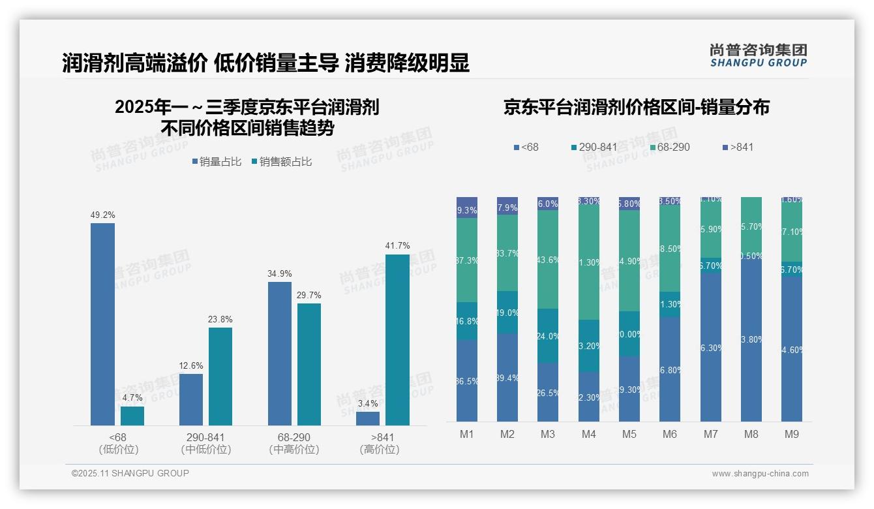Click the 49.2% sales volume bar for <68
point(102,324)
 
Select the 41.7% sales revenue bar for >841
point(397,340)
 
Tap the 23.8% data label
point(220,319)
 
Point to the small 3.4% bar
point(368,418)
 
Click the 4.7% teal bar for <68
point(132,416)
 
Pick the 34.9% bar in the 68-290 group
point(280,354)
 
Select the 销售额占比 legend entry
point(281,162)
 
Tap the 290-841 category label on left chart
point(205,437)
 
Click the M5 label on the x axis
point(629,434)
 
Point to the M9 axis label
point(791,434)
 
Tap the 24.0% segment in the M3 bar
point(548,335)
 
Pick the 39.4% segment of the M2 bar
point(507,377)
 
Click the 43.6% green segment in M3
point(548,259)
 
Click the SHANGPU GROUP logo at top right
point(758,55)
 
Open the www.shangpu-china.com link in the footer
point(760,474)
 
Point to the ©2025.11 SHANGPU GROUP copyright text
point(130,474)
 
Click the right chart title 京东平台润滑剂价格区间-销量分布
point(636,108)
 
